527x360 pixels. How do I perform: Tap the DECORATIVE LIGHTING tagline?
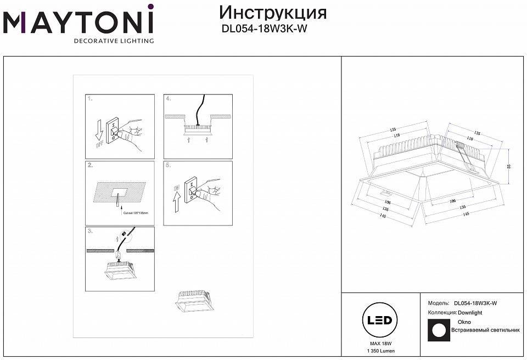(114, 41)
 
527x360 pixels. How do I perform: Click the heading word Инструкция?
(272, 13)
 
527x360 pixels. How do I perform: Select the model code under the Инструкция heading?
(263, 30)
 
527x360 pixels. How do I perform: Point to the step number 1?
(90, 99)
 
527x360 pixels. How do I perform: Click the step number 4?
(169, 99)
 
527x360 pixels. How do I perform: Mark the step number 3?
(90, 231)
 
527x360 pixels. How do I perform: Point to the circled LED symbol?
(379, 320)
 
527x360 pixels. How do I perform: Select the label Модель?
(439, 303)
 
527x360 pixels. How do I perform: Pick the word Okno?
(464, 322)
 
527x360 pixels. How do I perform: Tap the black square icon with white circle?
(438, 330)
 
